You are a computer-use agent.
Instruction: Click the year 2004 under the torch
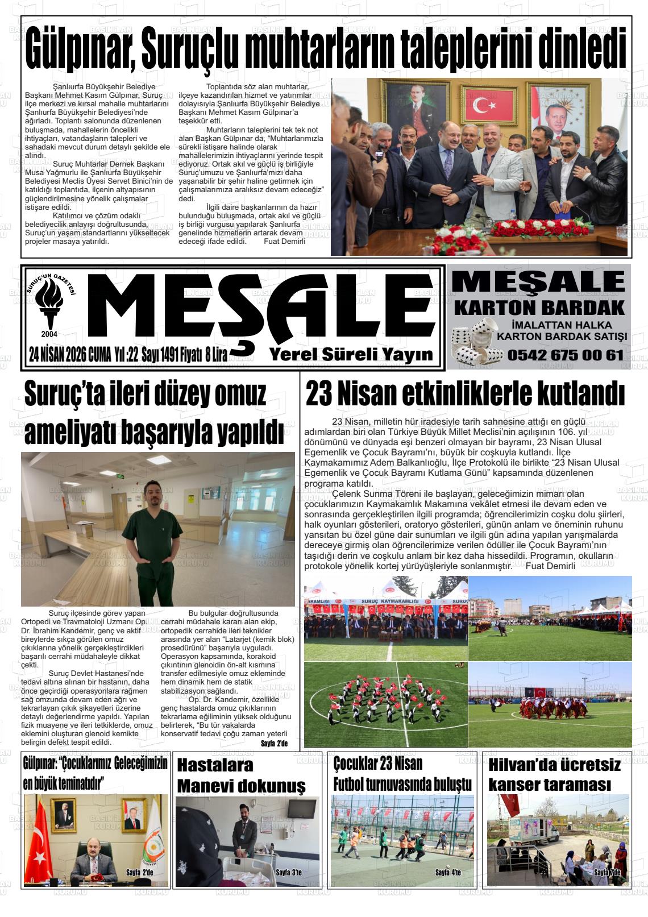tap(49, 333)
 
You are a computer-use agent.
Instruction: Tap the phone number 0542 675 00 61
tap(565, 355)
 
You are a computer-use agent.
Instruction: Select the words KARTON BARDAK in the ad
tap(539, 308)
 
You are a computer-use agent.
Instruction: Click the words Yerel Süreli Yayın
tap(351, 354)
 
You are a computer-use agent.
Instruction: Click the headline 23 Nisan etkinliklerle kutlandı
tap(465, 394)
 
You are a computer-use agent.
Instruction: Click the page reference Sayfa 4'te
tap(448, 872)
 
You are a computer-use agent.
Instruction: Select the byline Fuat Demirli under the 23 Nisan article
tap(550, 566)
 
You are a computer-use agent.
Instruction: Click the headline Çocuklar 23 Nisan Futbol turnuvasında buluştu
tap(402, 774)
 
